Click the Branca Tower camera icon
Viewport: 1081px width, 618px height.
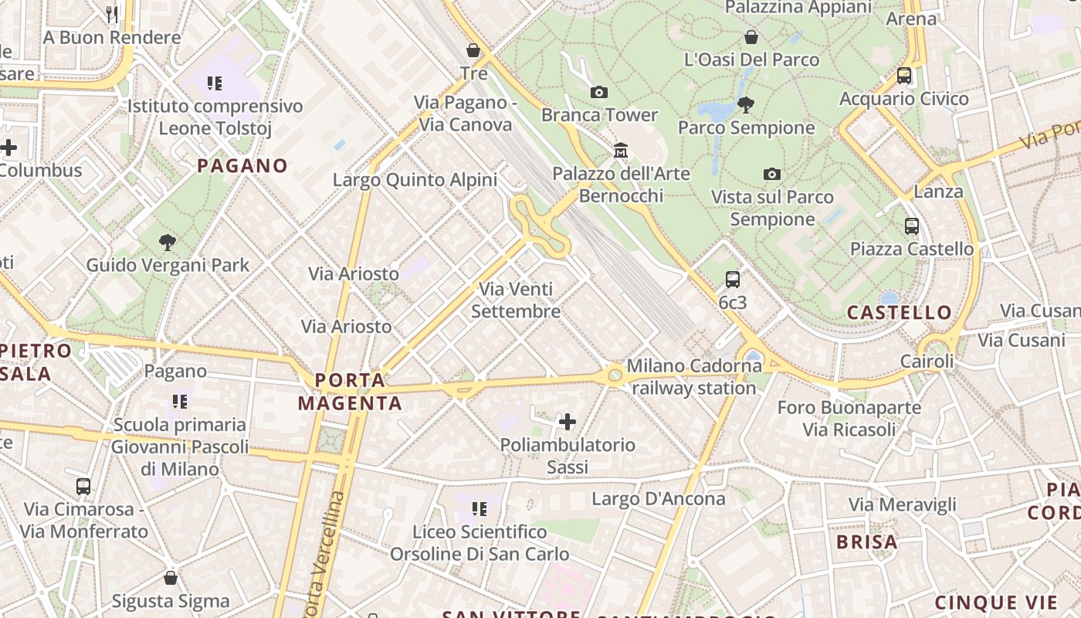pos(598,93)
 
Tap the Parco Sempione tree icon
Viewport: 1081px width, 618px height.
pos(746,104)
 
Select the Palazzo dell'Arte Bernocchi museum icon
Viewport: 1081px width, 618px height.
pos(621,150)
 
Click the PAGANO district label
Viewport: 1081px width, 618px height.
pos(242,166)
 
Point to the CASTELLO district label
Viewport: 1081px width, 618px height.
pos(900,313)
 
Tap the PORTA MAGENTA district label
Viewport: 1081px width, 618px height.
pos(351,392)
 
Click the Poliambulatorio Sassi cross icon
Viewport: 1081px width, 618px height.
pos(568,422)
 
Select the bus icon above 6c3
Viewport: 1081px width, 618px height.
pos(733,279)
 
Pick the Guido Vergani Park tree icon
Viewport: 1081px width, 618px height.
pos(167,243)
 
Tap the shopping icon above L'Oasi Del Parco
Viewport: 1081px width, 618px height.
pos(751,37)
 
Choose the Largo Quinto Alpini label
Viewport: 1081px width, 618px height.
pos(415,180)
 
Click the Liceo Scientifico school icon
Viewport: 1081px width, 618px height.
pos(480,509)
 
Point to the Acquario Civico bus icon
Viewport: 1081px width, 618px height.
pos(904,76)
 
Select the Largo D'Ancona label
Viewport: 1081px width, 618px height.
pos(659,499)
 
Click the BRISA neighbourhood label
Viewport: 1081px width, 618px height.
pos(867,542)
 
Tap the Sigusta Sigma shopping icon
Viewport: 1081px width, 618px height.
pos(171,578)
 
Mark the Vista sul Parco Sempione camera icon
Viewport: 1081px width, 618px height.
pos(772,175)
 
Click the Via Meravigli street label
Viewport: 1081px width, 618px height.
pos(903,505)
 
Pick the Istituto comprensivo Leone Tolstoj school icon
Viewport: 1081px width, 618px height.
pos(215,83)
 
